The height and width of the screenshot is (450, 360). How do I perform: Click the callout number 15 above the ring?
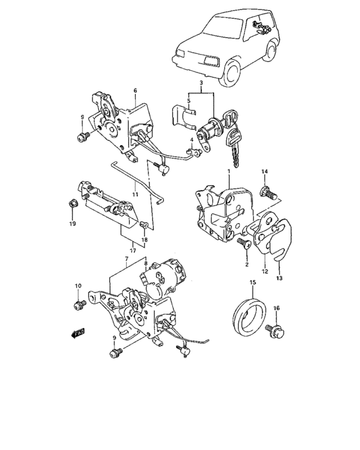pos(253,283)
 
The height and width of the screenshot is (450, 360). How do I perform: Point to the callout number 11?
pos(135,195)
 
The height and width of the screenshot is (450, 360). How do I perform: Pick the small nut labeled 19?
pos(72,204)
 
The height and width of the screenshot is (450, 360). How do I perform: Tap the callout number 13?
pos(279,278)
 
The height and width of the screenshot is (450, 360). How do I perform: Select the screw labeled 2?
pos(244,244)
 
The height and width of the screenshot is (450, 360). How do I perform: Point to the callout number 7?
pos(126,259)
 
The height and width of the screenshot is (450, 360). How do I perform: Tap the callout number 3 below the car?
pos(201,83)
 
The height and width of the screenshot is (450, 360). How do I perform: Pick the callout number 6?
pos(135,91)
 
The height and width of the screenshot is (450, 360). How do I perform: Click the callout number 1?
pos(229,172)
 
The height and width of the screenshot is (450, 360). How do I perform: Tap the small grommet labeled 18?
pos(145,225)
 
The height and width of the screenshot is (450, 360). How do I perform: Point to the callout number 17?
pos(132,251)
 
